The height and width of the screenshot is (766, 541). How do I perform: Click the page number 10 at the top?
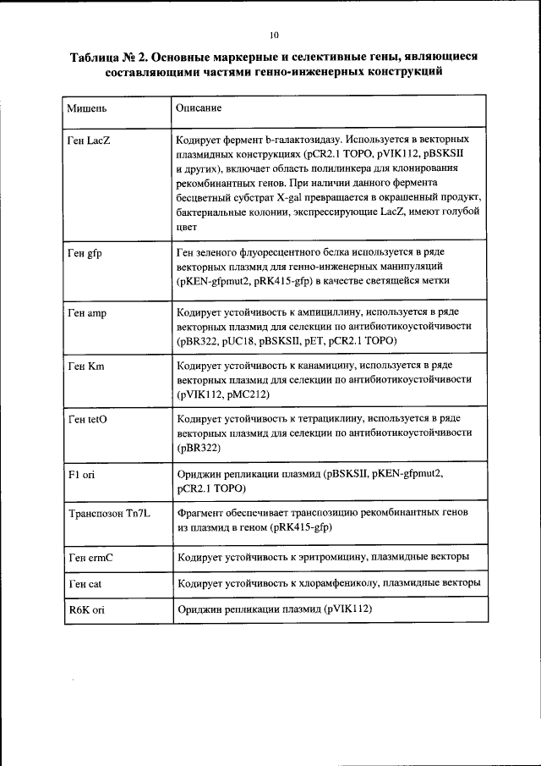coord(273,35)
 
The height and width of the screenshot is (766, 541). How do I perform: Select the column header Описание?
coord(199,109)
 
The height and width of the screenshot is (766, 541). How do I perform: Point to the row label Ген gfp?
coord(85,253)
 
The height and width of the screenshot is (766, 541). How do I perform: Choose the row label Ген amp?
coord(87,313)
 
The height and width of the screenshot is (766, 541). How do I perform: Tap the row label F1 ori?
coord(81,476)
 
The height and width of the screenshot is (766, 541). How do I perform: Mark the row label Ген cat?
coord(85,584)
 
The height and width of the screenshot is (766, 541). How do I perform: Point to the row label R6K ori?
coord(85,609)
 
